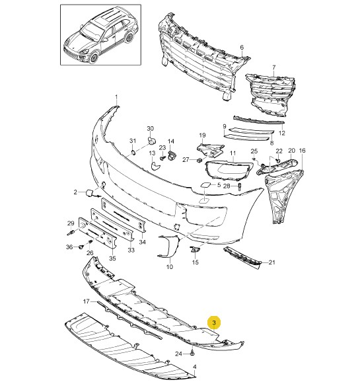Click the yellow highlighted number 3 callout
coord(214,323)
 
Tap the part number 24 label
coord(178,354)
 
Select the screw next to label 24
coord(193,354)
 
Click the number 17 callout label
coord(86,301)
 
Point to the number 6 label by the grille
coord(242,48)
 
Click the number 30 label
coord(151,128)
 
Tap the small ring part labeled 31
coord(133,152)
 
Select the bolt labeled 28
coord(239,187)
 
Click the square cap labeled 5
coord(205,184)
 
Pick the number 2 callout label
coord(75,192)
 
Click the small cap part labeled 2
coord(89,193)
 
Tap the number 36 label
coord(69,247)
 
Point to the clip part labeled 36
coord(81,247)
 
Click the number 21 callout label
coord(271,262)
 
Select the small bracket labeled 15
coord(194,250)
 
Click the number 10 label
coord(170,267)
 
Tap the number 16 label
coord(302,151)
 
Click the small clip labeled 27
coord(199,161)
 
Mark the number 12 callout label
coord(282,133)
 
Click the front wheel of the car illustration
coord(94,58)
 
